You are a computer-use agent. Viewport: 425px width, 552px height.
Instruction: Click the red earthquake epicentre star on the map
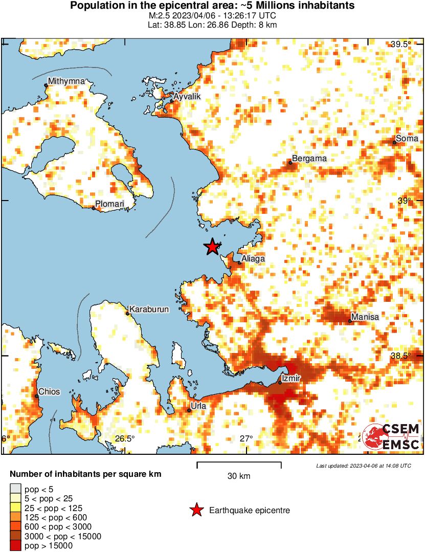(212, 247)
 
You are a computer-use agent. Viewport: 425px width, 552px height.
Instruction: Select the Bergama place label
(309, 159)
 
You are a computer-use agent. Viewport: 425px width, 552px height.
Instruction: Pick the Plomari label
(110, 204)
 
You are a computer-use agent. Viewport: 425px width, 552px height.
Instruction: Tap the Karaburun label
(149, 310)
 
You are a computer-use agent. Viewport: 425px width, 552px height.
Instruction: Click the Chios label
(49, 392)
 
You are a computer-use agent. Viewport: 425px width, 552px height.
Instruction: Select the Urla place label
(198, 407)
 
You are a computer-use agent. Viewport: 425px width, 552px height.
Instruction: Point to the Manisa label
(366, 317)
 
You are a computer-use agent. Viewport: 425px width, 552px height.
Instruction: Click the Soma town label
(407, 139)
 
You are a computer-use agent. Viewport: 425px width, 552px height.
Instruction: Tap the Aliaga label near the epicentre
(253, 259)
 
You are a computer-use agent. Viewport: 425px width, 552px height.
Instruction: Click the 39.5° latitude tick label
(401, 45)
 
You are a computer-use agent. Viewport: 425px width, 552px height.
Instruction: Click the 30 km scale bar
(239, 465)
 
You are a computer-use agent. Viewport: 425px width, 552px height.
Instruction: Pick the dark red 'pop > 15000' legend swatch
(15, 546)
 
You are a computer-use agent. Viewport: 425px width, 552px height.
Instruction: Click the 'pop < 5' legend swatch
(15, 489)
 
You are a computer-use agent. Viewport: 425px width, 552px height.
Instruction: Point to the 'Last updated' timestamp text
(363, 466)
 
